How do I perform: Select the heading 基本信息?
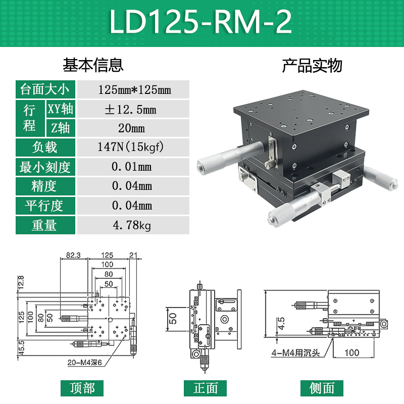93,65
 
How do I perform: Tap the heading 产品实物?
312,66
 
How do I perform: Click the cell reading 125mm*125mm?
134,90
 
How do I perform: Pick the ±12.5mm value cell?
134,109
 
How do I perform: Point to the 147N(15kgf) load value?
134,147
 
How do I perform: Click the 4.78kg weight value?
134,225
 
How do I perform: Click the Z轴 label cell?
62,128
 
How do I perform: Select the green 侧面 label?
322,388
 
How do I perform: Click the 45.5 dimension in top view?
21,348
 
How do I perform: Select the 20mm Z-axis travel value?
134,128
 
